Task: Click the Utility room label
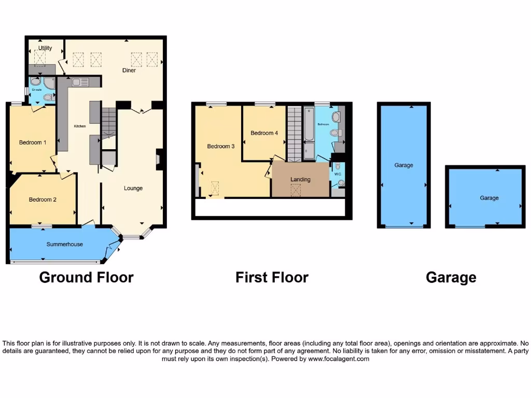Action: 45,48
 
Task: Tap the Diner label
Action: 129,70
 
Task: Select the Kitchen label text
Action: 79,126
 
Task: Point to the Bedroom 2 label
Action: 43,200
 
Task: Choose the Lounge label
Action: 133,188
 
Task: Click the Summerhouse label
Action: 65,244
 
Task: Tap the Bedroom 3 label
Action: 221,147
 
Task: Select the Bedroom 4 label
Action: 264,133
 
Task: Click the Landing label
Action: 300,179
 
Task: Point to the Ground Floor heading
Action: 86,278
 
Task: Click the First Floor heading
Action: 272,278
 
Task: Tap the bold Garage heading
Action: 451,278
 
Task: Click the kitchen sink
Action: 80,82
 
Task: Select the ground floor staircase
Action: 109,123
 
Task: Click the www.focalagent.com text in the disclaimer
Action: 338,359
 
